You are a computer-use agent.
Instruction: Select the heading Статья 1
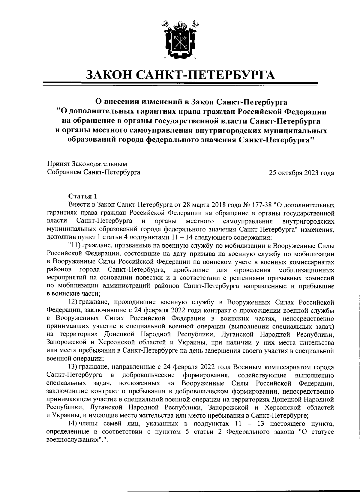pos(83,197)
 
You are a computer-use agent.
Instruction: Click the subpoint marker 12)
pos(74,301)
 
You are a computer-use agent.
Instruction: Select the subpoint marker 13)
pos(74,367)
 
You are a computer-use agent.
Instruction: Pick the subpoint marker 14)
pos(74,423)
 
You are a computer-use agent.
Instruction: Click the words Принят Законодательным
pos(87,164)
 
